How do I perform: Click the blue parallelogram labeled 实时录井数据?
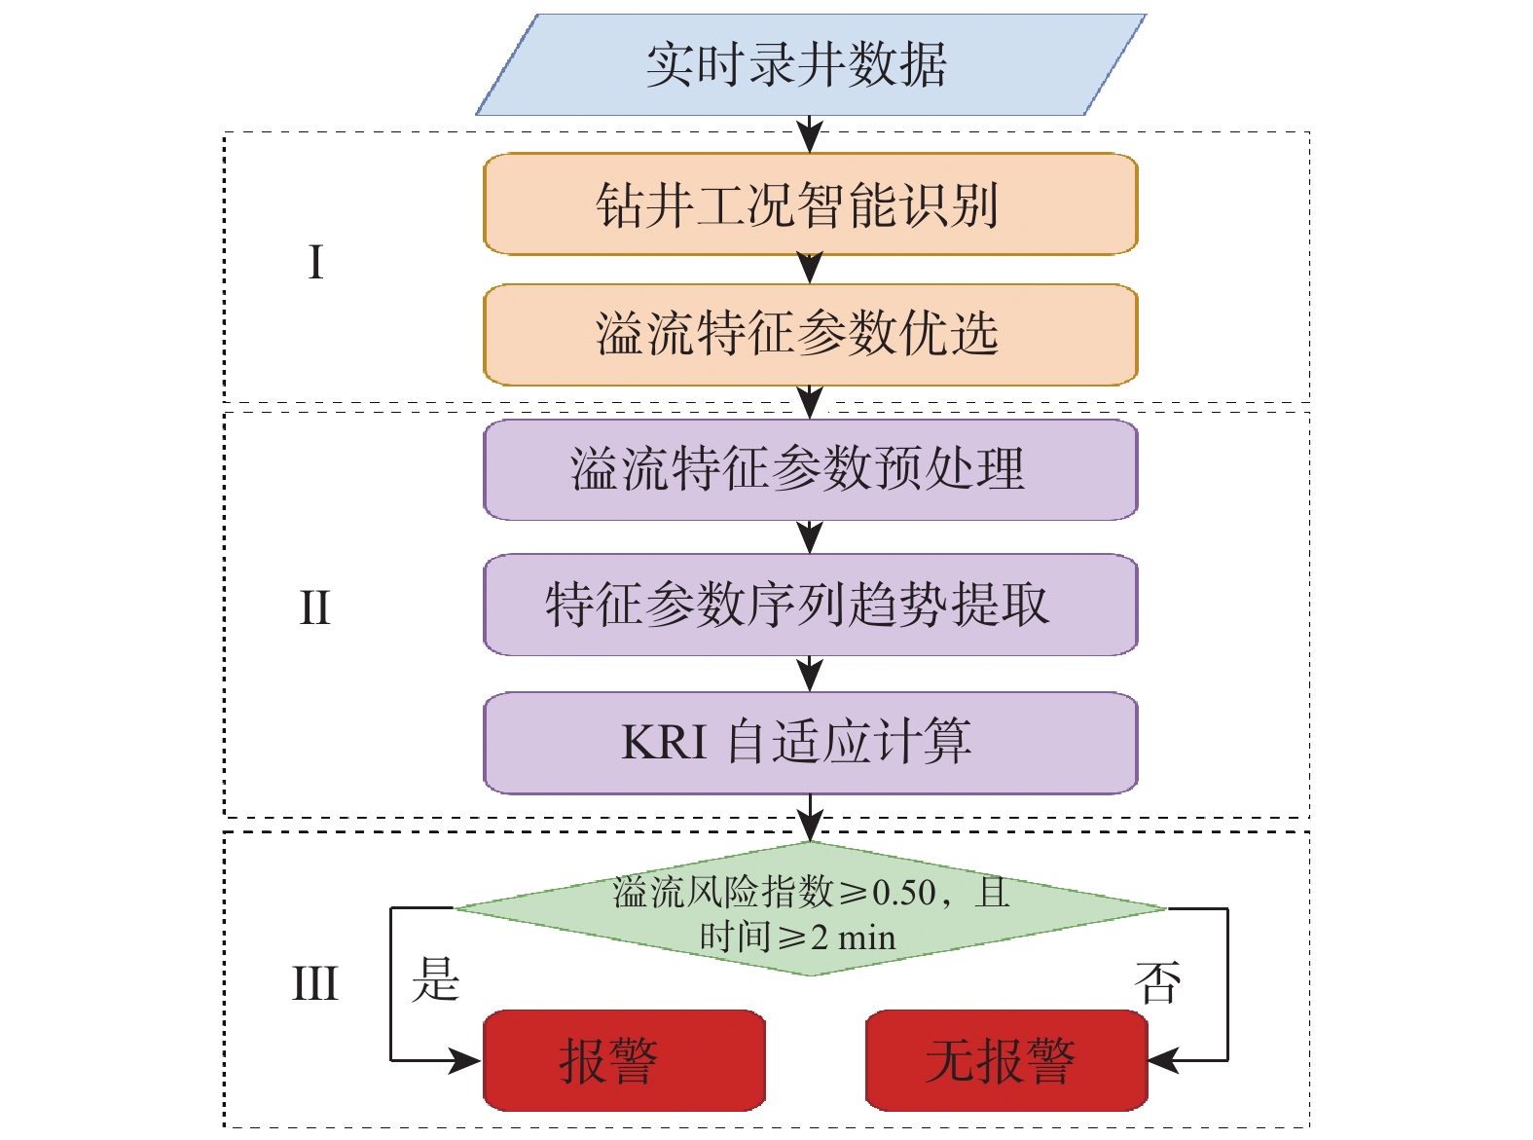click(810, 64)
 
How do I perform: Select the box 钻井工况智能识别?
click(810, 204)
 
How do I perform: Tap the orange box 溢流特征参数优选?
click(810, 334)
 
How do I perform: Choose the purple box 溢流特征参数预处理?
click(810, 469)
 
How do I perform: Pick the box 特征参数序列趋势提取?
click(810, 605)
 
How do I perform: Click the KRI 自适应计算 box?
click(810, 742)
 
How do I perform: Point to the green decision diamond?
click(810, 909)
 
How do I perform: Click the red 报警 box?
click(624, 1060)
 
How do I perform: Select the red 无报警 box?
click(1005, 1060)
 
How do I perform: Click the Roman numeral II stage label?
click(314, 608)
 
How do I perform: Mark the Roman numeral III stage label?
click(315, 983)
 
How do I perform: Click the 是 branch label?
click(435, 979)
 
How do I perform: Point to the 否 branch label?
click(1158, 982)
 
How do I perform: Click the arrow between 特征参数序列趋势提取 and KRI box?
click(810, 674)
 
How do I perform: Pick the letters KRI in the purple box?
click(664, 743)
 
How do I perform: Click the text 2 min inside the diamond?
click(853, 938)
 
